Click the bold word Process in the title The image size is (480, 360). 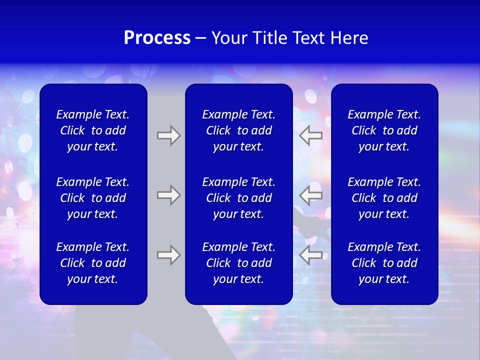click(x=157, y=38)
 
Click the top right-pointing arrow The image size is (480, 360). click(x=168, y=135)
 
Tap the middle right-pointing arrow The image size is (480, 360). click(x=168, y=195)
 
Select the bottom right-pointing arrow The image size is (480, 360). click(x=168, y=255)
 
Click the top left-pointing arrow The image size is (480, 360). click(x=311, y=135)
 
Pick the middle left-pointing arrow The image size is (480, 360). click(x=311, y=195)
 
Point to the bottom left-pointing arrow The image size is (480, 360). click(x=311, y=255)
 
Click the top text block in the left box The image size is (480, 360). click(x=93, y=130)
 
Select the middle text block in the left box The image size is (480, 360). click(x=93, y=198)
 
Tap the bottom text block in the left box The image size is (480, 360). click(x=93, y=263)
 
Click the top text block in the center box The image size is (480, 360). click(x=238, y=130)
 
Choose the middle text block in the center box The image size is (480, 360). click(x=238, y=198)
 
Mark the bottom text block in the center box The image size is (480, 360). click(x=238, y=263)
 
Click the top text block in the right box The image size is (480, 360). click(x=384, y=130)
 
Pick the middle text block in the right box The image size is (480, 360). click(x=384, y=198)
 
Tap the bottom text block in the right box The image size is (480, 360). click(x=384, y=263)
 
